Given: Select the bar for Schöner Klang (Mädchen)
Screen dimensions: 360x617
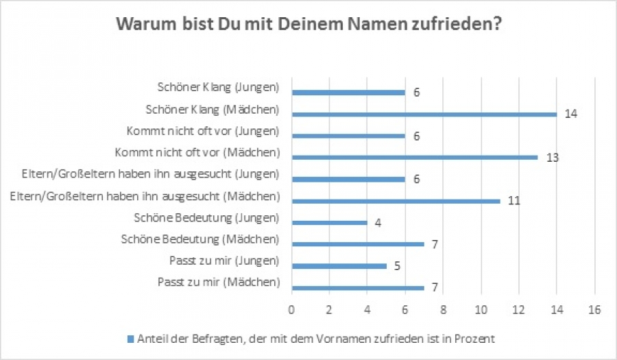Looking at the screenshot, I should tap(424, 115).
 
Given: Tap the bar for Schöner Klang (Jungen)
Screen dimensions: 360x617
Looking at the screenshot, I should tap(348, 93).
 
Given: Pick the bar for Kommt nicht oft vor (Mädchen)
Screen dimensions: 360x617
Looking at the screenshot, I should tap(415, 157).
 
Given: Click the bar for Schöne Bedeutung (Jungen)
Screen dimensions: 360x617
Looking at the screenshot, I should tap(330, 222).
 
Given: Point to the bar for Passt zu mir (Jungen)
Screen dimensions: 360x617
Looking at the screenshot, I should tap(339, 265).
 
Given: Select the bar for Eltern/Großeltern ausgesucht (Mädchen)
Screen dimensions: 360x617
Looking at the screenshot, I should tap(396, 201).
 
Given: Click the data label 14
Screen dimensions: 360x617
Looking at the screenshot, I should tap(570, 115).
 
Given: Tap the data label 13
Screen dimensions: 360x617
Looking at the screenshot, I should tap(552, 158).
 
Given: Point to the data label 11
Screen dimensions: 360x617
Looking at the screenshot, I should tap(513, 201).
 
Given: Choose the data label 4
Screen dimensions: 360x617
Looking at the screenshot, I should tap(378, 222).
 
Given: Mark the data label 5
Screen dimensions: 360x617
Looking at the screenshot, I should tap(397, 265).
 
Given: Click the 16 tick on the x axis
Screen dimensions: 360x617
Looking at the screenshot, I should tap(594, 309).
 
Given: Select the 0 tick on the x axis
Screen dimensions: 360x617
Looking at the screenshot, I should tap(292, 309).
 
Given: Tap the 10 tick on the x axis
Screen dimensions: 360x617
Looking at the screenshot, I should tap(481, 309).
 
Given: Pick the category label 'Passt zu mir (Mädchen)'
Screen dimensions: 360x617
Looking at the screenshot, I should tap(219, 282).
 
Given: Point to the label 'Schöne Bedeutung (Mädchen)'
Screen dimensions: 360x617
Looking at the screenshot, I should tap(200, 239).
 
